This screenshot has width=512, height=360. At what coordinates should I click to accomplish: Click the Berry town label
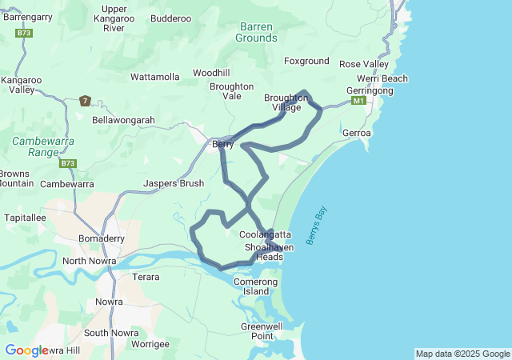click(x=222, y=144)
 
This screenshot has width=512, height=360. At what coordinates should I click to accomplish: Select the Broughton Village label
click(x=286, y=102)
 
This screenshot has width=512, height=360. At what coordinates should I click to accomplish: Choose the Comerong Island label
click(x=256, y=286)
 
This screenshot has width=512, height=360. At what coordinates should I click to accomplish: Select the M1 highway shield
click(x=358, y=101)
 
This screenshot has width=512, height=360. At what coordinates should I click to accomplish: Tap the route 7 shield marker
click(x=86, y=101)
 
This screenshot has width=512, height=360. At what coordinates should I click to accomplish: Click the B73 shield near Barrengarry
click(x=23, y=33)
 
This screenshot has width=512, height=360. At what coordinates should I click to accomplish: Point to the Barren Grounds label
click(x=258, y=32)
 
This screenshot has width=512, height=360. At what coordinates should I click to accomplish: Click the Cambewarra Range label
click(x=37, y=146)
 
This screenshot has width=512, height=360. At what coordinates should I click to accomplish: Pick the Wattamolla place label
click(x=155, y=77)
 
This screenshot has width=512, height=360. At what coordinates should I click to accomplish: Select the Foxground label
click(x=306, y=61)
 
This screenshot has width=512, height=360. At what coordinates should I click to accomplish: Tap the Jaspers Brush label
click(x=174, y=183)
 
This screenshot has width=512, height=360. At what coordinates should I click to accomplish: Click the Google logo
click(x=26, y=350)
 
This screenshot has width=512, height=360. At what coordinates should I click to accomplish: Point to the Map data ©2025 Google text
click(x=462, y=354)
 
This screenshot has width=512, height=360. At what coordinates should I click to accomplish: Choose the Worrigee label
click(x=150, y=344)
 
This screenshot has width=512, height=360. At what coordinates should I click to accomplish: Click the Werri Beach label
click(x=382, y=78)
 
